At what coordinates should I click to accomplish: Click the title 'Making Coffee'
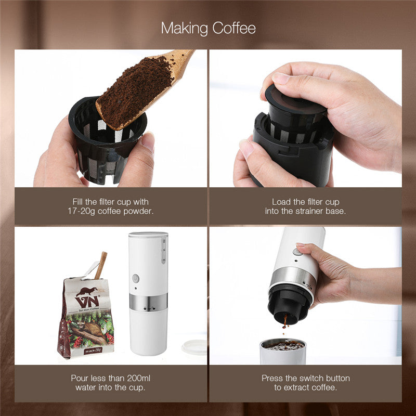coord(208,28)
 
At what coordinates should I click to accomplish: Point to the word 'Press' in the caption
coord(273,378)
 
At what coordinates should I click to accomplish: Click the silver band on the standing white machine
coord(148,302)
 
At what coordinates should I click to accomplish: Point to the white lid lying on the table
coord(195,347)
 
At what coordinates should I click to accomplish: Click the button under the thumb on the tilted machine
coord(298,252)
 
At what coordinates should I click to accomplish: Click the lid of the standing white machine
coord(148,235)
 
